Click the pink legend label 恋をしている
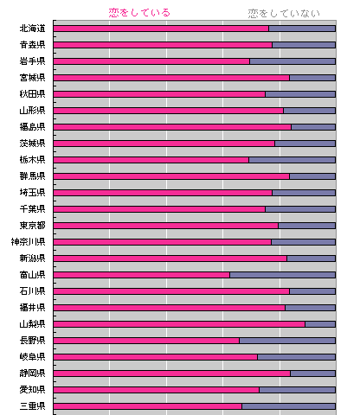[x=139, y=13]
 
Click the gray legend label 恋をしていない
[x=284, y=14]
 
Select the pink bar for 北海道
[x=161, y=29]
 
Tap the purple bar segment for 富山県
[x=283, y=275]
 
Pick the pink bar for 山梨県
[x=179, y=324]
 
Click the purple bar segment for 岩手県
[x=292, y=61]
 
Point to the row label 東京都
[x=32, y=226]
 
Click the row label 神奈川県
[x=28, y=242]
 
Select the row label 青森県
[x=32, y=45]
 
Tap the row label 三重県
[x=32, y=406]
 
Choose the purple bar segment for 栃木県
[x=292, y=160]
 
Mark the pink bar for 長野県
[x=146, y=341]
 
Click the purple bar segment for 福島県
[x=313, y=127]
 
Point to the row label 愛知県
[x=32, y=390]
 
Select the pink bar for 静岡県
[x=172, y=373]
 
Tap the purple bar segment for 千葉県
[x=300, y=209]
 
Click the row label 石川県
[x=32, y=291]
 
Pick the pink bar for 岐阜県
[x=156, y=357]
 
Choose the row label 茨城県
[x=32, y=144]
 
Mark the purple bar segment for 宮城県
[x=312, y=78]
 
